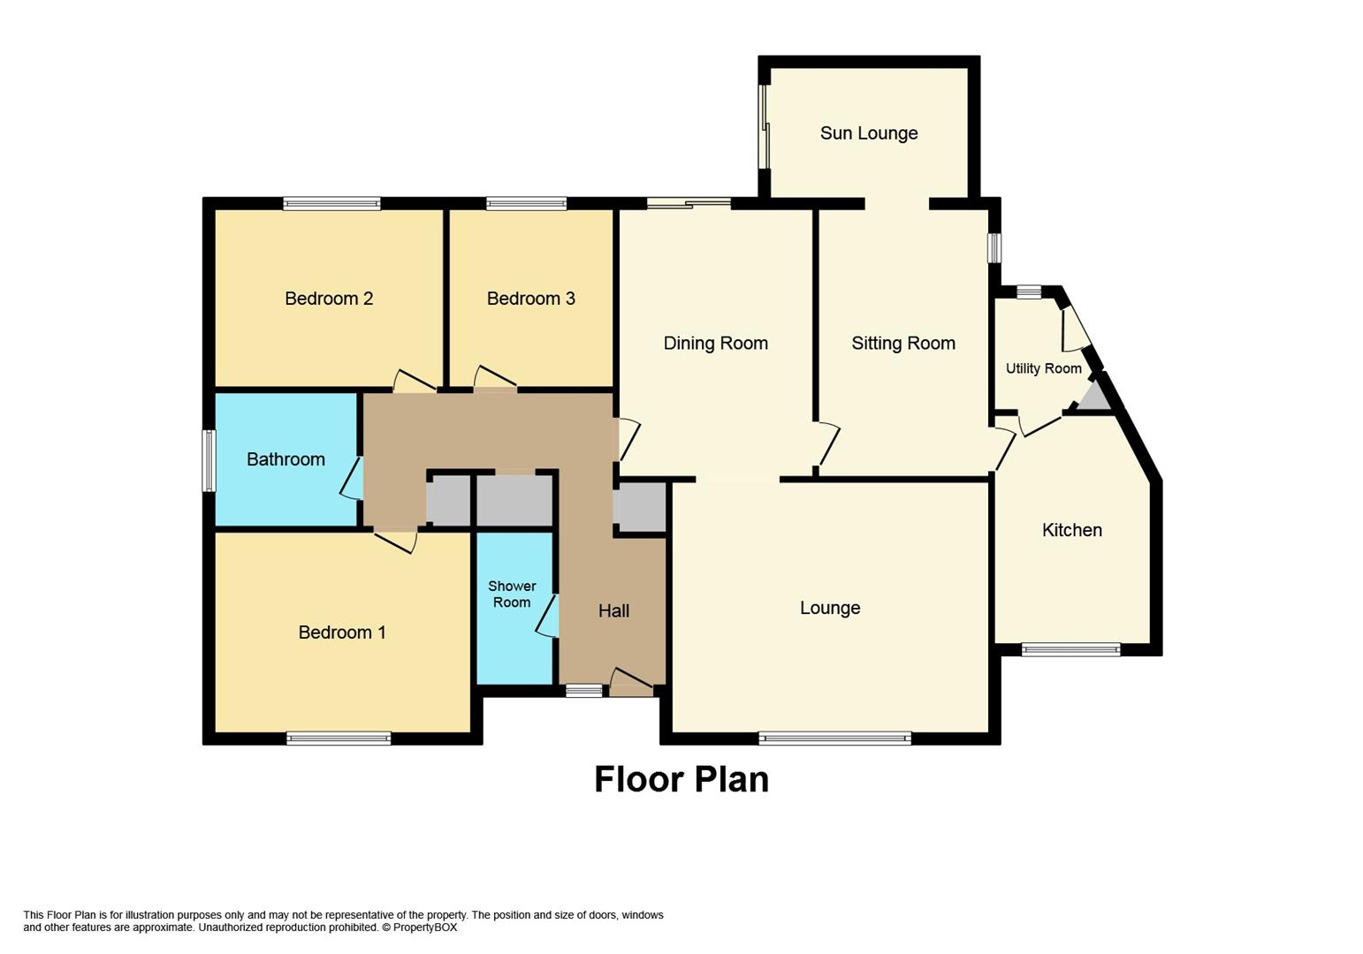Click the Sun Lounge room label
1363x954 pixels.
(868, 133)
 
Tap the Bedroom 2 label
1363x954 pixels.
(329, 299)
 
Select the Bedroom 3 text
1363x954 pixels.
(530, 299)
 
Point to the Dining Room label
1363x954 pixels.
(715, 343)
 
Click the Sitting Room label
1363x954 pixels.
(902, 343)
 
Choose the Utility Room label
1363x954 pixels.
(1043, 368)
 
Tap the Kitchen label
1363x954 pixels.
(1071, 530)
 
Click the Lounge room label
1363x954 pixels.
(829, 608)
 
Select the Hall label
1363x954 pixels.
(613, 610)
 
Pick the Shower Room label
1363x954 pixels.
(512, 594)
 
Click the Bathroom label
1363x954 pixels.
(286, 459)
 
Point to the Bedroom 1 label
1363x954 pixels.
(341, 632)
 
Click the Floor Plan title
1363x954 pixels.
(681, 779)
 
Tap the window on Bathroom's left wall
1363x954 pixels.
(209, 460)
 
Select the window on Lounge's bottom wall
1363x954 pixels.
(834, 738)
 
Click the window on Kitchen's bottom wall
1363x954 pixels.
(1070, 650)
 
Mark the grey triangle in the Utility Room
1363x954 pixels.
(1095, 397)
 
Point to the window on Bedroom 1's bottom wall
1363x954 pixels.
(339, 738)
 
